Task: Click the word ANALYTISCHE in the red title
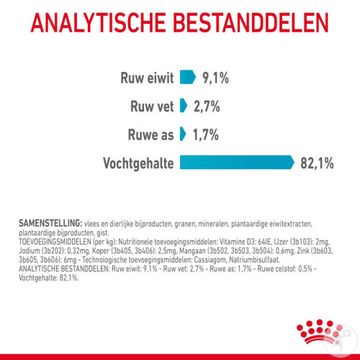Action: (x=99, y=23)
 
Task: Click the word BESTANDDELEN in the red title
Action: (x=251, y=23)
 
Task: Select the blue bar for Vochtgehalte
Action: (x=237, y=163)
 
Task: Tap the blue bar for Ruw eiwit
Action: (x=188, y=77)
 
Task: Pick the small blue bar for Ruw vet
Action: (x=184, y=105)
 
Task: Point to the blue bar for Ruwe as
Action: (x=183, y=134)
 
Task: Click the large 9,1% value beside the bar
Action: (x=215, y=78)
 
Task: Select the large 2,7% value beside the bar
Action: (x=207, y=107)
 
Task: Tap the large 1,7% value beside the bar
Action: (x=206, y=135)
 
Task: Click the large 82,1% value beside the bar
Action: (x=317, y=163)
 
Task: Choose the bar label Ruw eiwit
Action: (x=147, y=78)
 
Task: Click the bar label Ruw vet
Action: (x=152, y=107)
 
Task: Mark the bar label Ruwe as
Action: (x=150, y=135)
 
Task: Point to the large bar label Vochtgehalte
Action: (x=138, y=163)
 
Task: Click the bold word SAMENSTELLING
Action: (x=50, y=223)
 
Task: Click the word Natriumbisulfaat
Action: (x=254, y=260)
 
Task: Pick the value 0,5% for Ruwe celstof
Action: (x=305, y=269)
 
